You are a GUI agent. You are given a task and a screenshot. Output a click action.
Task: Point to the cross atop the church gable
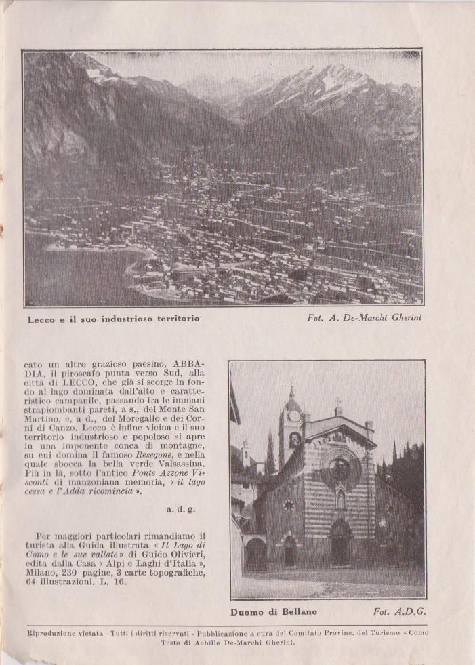coord(338,403)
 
